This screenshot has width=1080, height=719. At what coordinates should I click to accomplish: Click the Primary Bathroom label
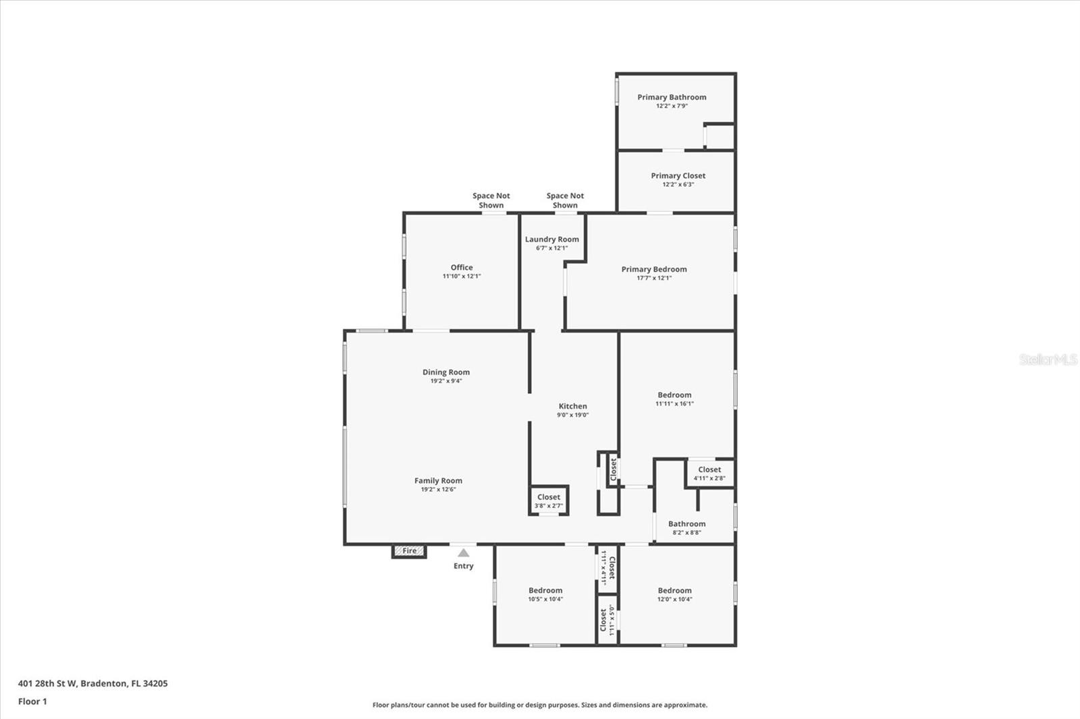pyautogui.click(x=672, y=97)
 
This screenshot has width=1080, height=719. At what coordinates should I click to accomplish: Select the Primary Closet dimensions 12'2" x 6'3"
pyautogui.click(x=678, y=185)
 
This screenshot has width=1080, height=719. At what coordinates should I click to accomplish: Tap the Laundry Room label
pyautogui.click(x=551, y=239)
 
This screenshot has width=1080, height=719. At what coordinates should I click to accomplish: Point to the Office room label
pyautogui.click(x=462, y=268)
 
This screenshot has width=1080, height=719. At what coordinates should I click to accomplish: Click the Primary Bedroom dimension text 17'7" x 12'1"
pyautogui.click(x=654, y=278)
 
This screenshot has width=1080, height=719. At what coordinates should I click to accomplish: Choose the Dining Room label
pyautogui.click(x=446, y=372)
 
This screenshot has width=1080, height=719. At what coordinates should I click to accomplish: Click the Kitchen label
pyautogui.click(x=572, y=406)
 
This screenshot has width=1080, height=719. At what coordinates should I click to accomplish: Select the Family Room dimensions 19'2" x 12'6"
pyautogui.click(x=438, y=490)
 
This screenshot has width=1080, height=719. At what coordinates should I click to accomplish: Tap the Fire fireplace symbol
pyautogui.click(x=409, y=551)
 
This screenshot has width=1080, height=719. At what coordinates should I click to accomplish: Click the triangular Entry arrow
pyautogui.click(x=463, y=552)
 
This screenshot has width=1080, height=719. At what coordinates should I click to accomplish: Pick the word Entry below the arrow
pyautogui.click(x=463, y=567)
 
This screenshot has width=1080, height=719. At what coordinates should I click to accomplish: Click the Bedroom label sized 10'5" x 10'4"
pyautogui.click(x=545, y=591)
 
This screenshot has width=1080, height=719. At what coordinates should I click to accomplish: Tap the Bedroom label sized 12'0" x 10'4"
pyautogui.click(x=674, y=591)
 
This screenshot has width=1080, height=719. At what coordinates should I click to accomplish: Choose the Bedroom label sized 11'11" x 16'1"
pyautogui.click(x=674, y=395)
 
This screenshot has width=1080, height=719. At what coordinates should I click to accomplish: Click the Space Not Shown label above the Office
pyautogui.click(x=491, y=200)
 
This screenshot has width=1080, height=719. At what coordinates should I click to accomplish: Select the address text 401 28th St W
pyautogui.click(x=47, y=683)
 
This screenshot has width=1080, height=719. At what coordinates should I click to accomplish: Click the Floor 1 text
pyautogui.click(x=32, y=701)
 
